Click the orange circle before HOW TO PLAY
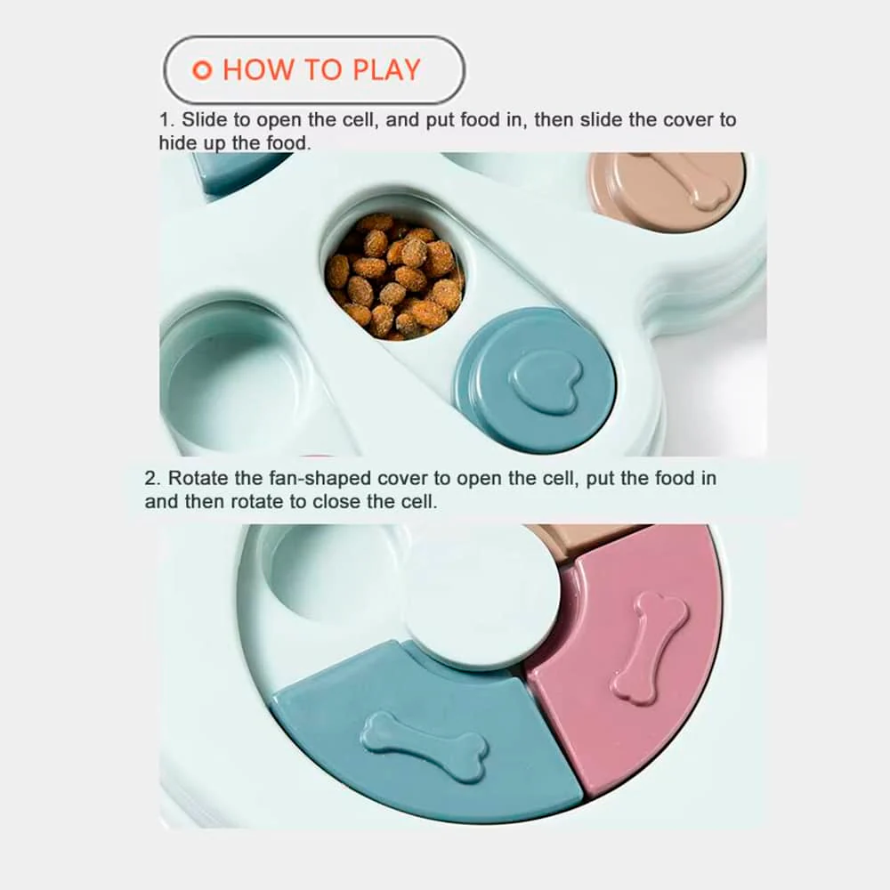click(x=202, y=69)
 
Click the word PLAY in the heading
click(x=386, y=69)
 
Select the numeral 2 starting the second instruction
click(x=150, y=479)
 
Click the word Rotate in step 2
click(x=198, y=479)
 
